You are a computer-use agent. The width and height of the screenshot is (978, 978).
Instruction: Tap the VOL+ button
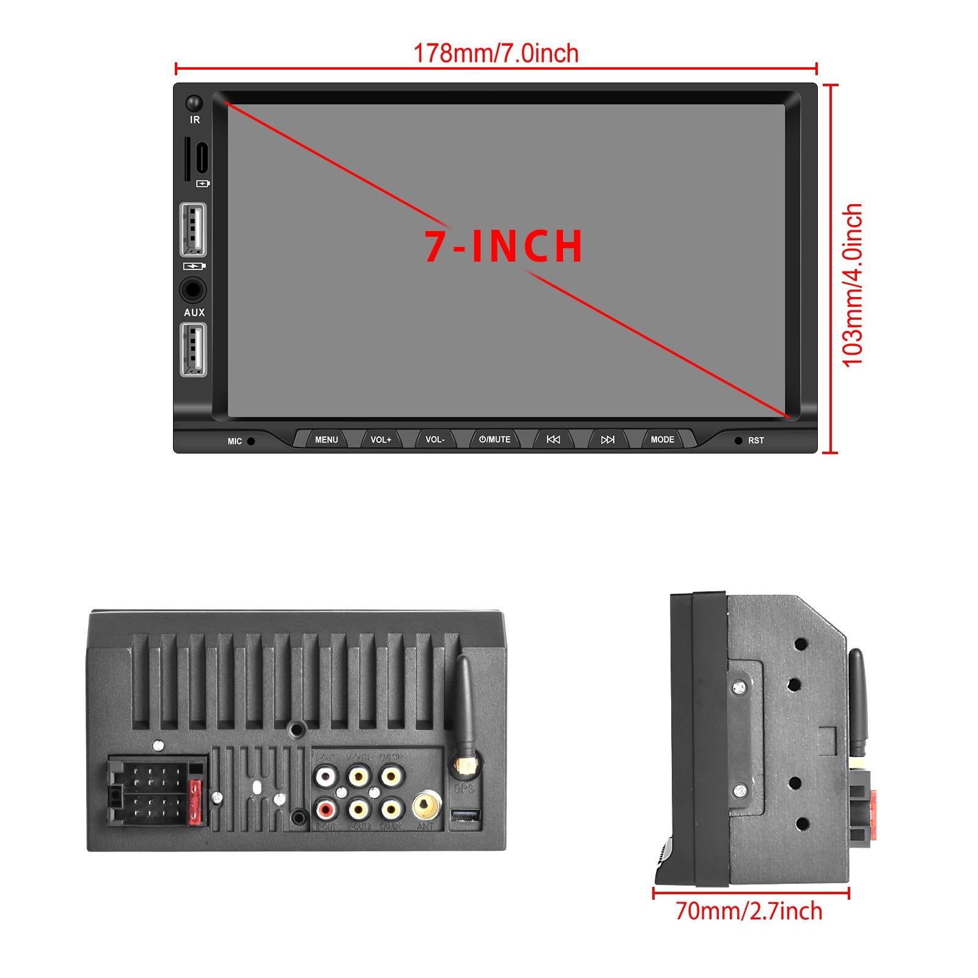pos(380,439)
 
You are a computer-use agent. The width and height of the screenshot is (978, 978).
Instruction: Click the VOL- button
pos(435,439)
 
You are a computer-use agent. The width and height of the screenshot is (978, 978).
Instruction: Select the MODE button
pos(663,439)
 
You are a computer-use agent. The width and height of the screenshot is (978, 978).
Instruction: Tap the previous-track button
pos(553,439)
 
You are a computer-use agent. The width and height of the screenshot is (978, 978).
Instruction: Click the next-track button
pos(608,439)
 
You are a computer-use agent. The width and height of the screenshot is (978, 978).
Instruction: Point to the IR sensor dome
pos(194,102)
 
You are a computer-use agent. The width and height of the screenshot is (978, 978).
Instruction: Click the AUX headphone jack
pos(193,290)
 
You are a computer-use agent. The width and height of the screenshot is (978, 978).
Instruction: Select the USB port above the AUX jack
pos(193,229)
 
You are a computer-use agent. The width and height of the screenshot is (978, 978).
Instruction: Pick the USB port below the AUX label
pos(193,349)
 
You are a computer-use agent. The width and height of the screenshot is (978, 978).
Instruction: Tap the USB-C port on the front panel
pos(202,158)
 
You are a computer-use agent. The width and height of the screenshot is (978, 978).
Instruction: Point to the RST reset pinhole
pos(738,440)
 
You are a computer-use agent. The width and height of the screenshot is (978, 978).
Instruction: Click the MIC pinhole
pos(251,441)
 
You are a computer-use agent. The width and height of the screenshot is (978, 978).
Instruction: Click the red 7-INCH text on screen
pos(504,246)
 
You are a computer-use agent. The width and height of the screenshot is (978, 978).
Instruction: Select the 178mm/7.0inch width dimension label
pos(496,54)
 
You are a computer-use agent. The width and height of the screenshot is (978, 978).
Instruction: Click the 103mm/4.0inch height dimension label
pos(853,285)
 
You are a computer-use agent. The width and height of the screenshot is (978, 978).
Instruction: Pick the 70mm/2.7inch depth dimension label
pos(749,911)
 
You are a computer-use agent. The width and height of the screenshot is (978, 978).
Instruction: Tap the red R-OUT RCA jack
pos(325,810)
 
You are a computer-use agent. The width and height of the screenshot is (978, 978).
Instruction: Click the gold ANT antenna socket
pos(425,805)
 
